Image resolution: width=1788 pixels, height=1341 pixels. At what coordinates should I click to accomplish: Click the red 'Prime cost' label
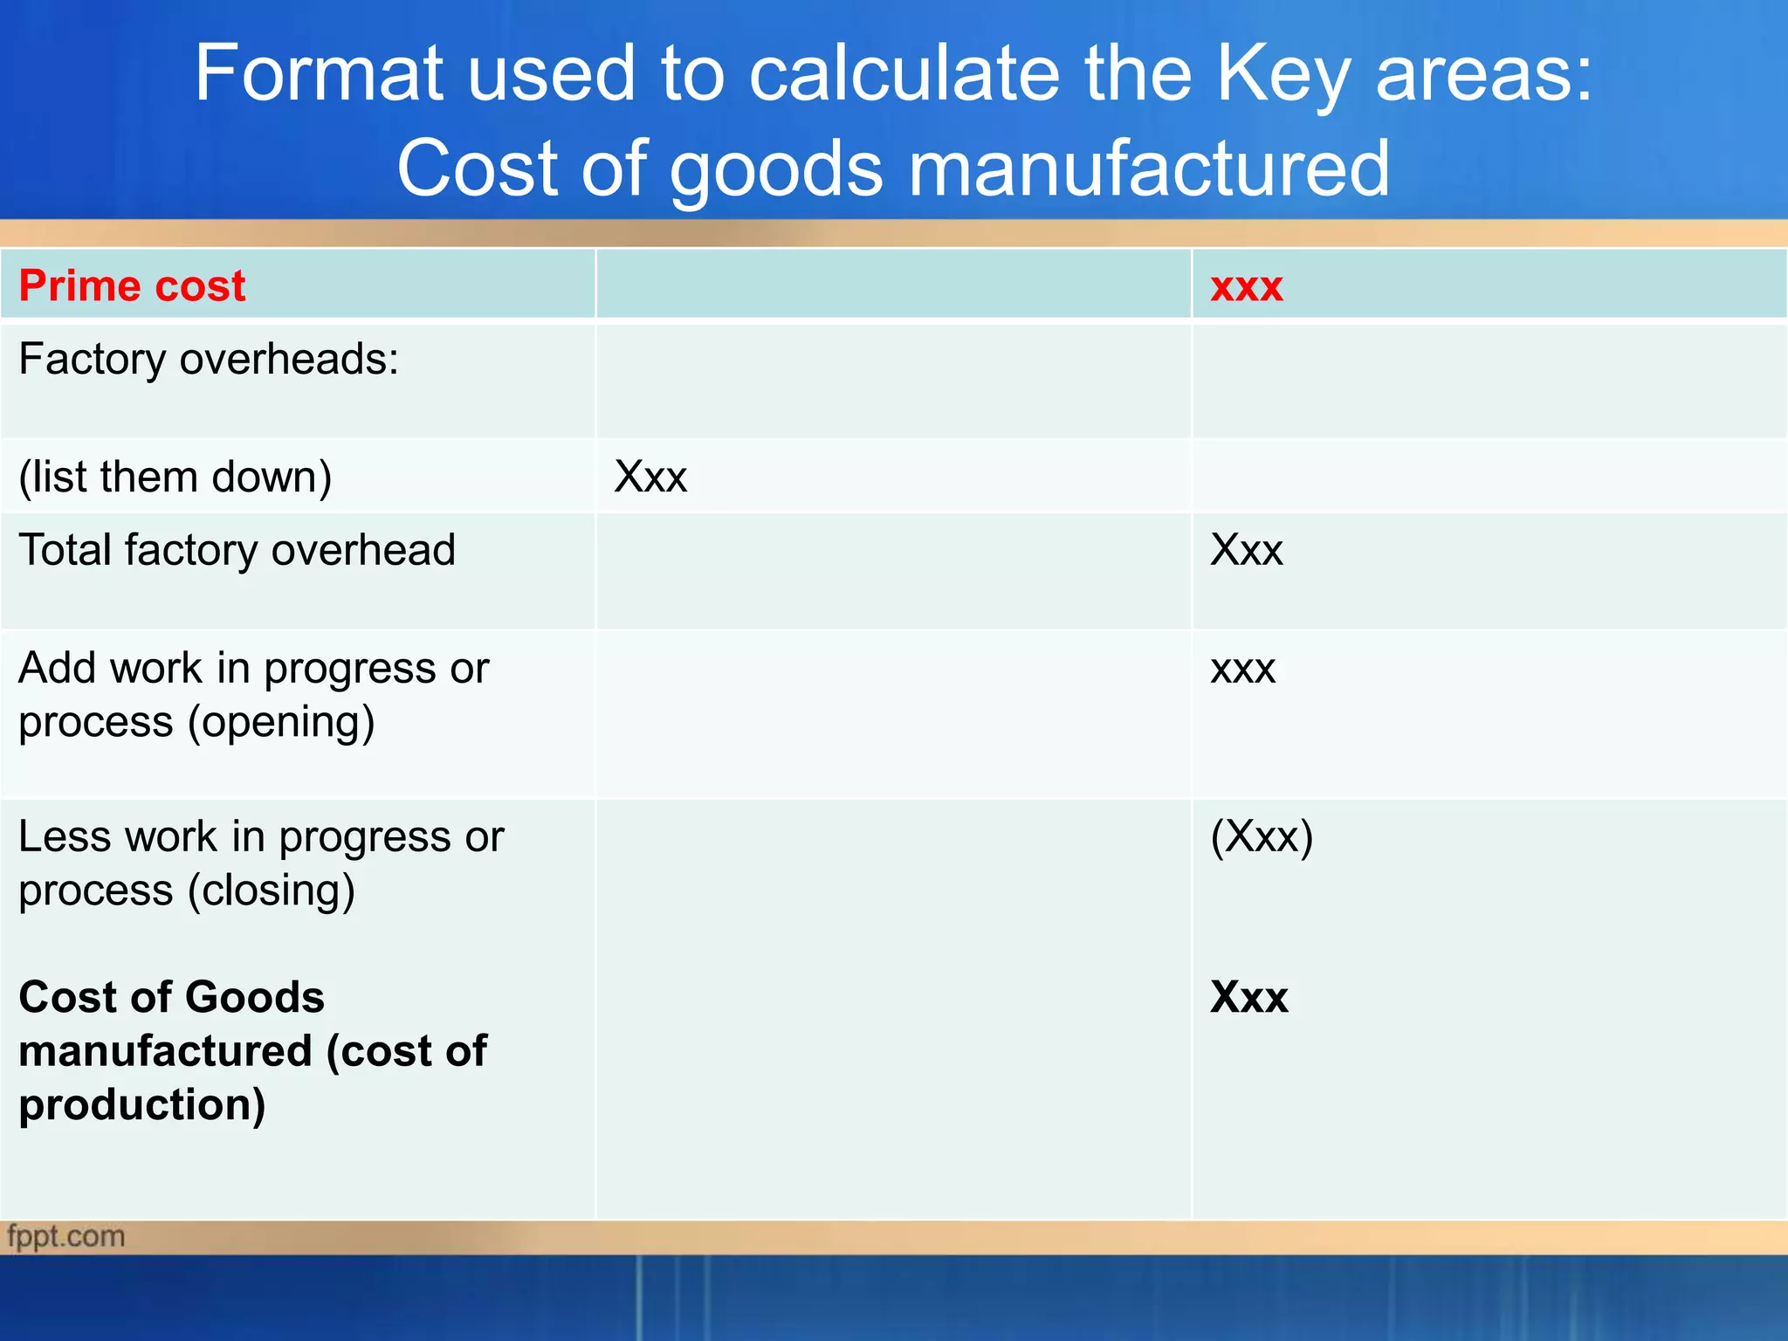pos(132,285)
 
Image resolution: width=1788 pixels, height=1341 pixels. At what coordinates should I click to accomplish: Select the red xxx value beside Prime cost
pos(1246,287)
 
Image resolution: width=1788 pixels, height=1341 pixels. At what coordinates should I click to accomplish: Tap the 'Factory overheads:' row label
pos(209,359)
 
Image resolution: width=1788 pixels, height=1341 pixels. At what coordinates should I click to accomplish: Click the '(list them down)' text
pos(175,478)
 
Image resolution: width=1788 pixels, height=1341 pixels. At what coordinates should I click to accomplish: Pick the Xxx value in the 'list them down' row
pos(650,478)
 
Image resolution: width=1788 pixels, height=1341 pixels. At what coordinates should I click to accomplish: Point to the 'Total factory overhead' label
pos(237,550)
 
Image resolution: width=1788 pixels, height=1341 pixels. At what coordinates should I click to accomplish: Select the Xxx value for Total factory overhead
pos(1246,550)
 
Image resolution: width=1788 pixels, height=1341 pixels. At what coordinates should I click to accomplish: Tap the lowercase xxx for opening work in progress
pos(1242,670)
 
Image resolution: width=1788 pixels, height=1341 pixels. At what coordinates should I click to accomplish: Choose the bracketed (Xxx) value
pos(1262,837)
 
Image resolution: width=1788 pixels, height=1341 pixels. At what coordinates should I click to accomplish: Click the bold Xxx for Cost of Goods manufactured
pos(1248,997)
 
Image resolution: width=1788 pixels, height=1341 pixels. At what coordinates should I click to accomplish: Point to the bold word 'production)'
pos(142,1105)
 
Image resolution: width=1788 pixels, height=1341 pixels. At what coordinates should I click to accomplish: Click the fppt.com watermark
pos(66,1236)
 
